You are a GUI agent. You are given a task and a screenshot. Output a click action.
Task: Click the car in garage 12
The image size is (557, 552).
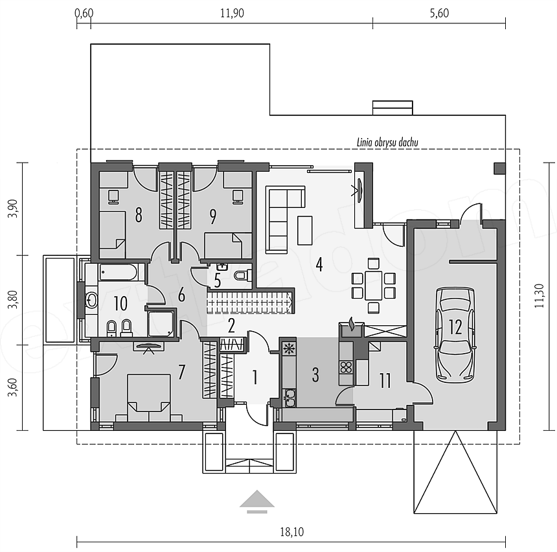click(456, 335)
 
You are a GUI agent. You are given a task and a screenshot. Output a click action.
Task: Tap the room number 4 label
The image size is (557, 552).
click(319, 264)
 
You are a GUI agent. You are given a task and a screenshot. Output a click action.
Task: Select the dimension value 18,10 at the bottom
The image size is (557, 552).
click(291, 532)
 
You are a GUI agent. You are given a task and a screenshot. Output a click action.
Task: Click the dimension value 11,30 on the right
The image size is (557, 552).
click(539, 295)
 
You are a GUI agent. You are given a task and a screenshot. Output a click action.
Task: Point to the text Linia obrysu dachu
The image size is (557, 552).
click(387, 143)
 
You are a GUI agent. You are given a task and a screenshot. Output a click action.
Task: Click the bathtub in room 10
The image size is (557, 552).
click(118, 272)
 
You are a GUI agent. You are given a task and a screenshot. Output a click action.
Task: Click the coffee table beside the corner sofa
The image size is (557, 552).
click(305, 231)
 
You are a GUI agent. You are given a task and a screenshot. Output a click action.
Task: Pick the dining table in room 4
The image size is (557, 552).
click(373, 286)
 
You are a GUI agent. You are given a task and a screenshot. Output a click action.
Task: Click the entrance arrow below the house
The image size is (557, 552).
click(257, 502)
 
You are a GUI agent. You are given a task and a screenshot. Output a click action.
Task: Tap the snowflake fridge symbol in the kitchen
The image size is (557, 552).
click(289, 349)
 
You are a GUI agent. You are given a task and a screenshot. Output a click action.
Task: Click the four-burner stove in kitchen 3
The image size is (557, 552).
click(346, 367)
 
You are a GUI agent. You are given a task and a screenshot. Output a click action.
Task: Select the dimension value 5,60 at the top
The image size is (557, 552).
click(439, 13)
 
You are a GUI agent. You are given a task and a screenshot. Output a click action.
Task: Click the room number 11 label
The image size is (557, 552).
click(385, 380)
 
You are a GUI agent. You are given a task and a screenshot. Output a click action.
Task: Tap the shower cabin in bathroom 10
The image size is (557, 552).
click(161, 323)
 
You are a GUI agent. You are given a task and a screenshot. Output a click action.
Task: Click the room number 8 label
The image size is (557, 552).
click(139, 215)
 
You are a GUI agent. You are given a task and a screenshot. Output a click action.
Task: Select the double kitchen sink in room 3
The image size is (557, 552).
click(289, 397)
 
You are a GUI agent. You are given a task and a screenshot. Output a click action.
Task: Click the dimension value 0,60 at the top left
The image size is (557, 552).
click(84, 13)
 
